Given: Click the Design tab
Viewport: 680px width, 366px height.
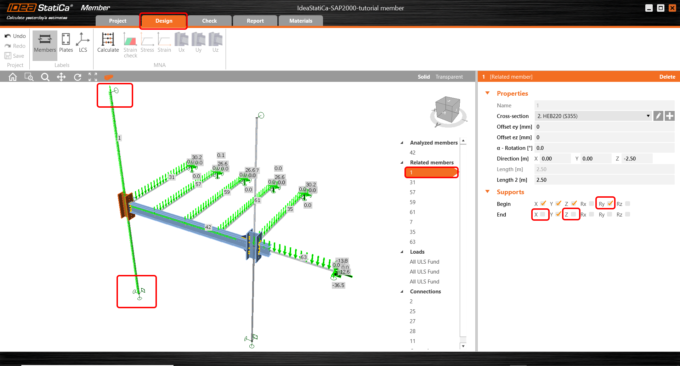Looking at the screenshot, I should [x=164, y=21].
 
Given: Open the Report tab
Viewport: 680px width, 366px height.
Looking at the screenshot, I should [x=255, y=21].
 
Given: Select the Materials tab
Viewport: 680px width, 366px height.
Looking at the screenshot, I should [x=300, y=21].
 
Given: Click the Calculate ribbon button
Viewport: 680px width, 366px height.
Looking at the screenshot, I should [x=108, y=43].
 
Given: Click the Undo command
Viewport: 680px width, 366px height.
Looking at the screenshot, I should [x=15, y=36].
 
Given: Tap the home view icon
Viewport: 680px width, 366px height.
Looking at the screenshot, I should [x=13, y=77].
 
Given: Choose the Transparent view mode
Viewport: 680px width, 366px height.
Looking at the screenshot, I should [x=449, y=77].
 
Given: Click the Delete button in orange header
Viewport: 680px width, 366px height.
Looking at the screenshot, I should [x=667, y=77].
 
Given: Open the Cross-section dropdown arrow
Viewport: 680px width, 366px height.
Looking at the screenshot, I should [x=648, y=116].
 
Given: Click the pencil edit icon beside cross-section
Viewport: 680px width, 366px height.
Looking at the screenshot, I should [x=658, y=116].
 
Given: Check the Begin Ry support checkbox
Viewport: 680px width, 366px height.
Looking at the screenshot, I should [x=610, y=203].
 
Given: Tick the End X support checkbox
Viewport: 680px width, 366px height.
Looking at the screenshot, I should [x=543, y=214].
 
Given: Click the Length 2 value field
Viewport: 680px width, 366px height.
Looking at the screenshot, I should [x=602, y=180].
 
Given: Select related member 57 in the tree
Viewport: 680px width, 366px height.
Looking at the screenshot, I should [x=413, y=192].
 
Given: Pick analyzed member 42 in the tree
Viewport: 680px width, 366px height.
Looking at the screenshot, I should [x=413, y=153].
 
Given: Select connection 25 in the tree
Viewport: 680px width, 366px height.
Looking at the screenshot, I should [x=413, y=311].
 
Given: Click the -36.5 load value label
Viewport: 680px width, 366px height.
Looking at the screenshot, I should [x=338, y=285].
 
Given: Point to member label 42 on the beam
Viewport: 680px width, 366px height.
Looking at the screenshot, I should [x=208, y=227].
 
